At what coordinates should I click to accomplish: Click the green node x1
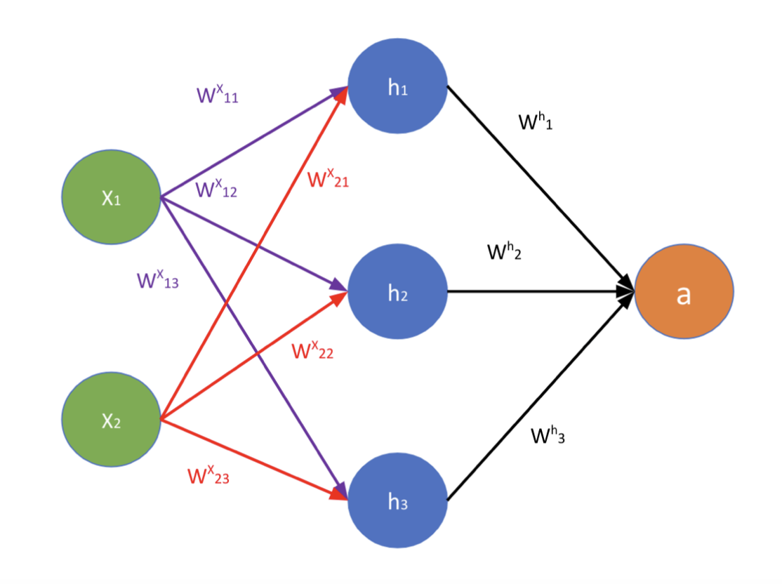click(112, 197)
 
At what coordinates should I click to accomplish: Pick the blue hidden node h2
click(397, 291)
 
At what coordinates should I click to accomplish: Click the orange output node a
click(684, 291)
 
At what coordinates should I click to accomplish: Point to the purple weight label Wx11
click(217, 95)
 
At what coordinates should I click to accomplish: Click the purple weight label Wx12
click(217, 188)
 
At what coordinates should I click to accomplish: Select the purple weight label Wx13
click(157, 280)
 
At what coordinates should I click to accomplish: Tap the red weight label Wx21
click(328, 179)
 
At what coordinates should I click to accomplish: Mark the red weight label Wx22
click(312, 350)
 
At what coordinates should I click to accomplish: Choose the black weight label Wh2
click(504, 251)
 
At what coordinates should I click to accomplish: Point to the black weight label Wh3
click(548, 435)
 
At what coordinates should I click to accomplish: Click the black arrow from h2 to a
click(534, 291)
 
